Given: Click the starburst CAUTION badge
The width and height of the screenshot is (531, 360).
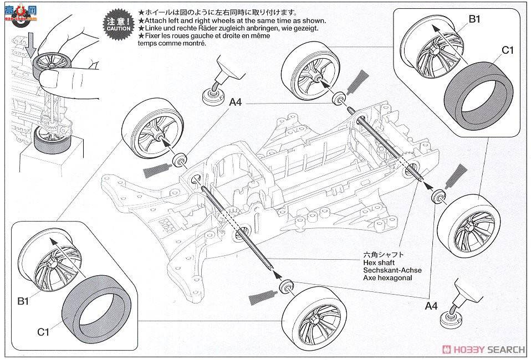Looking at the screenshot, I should tap(117, 23).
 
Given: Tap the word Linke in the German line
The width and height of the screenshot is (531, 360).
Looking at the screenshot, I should tap(154, 28).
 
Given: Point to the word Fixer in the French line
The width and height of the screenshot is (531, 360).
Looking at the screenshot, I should tap(153, 36).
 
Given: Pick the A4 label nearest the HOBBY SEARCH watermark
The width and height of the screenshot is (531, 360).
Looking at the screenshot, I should tap(431, 305).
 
